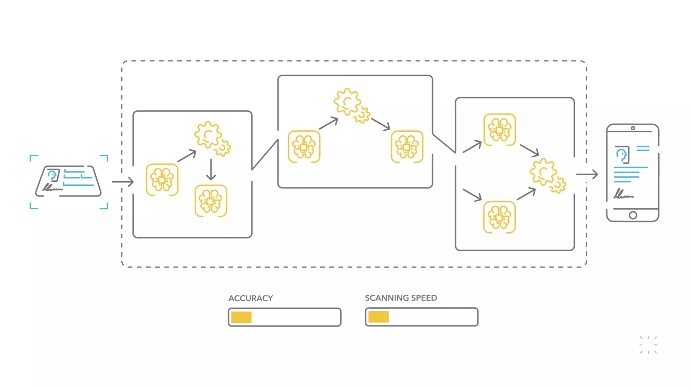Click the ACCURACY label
tap(250, 298)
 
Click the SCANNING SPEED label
tap(401, 298)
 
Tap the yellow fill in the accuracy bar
tap(241, 317)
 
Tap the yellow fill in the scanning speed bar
tap(378, 317)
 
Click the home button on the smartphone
tap(633, 215)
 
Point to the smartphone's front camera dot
tap(633, 128)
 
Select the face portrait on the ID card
tap(53, 175)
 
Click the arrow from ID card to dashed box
tap(123, 182)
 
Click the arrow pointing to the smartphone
tap(587, 174)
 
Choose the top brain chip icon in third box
tap(499, 130)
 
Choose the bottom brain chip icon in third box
tap(499, 217)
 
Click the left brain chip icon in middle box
tap(304, 147)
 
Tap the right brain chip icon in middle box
tap(407, 147)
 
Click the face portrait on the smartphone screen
tap(622, 155)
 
